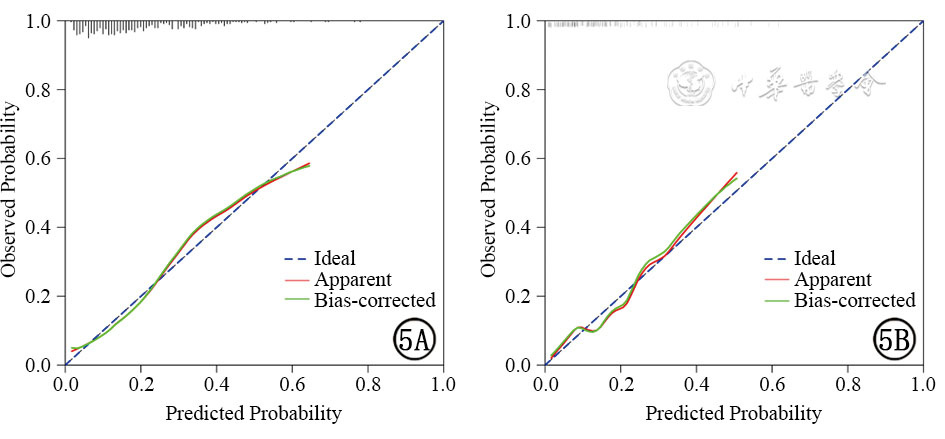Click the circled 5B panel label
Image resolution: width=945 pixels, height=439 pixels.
[893, 342]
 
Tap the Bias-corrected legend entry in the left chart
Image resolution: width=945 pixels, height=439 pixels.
[373, 299]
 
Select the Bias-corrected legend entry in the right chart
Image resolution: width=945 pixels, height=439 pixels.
[853, 299]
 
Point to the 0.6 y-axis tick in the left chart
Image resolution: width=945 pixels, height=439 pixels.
[40, 158]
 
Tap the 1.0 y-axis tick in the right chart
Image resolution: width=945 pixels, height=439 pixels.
[520, 21]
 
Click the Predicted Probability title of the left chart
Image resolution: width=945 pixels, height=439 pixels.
[253, 412]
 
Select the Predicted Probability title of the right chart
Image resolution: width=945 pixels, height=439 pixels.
[733, 412]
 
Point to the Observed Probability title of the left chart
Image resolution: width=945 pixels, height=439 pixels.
[11, 193]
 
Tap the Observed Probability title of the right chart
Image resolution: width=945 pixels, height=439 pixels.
[490, 193]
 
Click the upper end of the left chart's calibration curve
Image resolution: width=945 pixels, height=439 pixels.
[310, 164]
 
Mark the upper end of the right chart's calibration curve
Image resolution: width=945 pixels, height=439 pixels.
[737, 173]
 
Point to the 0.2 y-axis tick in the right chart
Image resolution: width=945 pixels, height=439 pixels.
[520, 296]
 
